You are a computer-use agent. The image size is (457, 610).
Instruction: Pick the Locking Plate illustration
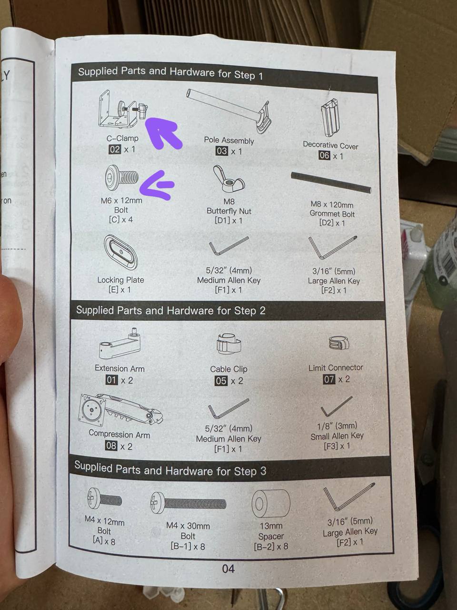coord(121,252)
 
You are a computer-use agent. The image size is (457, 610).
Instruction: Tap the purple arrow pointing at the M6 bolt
coord(157,185)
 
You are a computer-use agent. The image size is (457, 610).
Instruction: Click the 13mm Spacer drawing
coord(271,503)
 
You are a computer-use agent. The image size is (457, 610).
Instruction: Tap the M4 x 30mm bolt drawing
coord(188,503)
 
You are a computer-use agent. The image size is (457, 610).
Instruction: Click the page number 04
coord(228,569)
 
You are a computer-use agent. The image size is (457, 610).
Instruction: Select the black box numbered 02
coord(115,150)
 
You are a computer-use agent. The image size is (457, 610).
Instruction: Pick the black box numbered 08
coord(111,446)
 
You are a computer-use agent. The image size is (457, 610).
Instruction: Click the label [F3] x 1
coord(337,446)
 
